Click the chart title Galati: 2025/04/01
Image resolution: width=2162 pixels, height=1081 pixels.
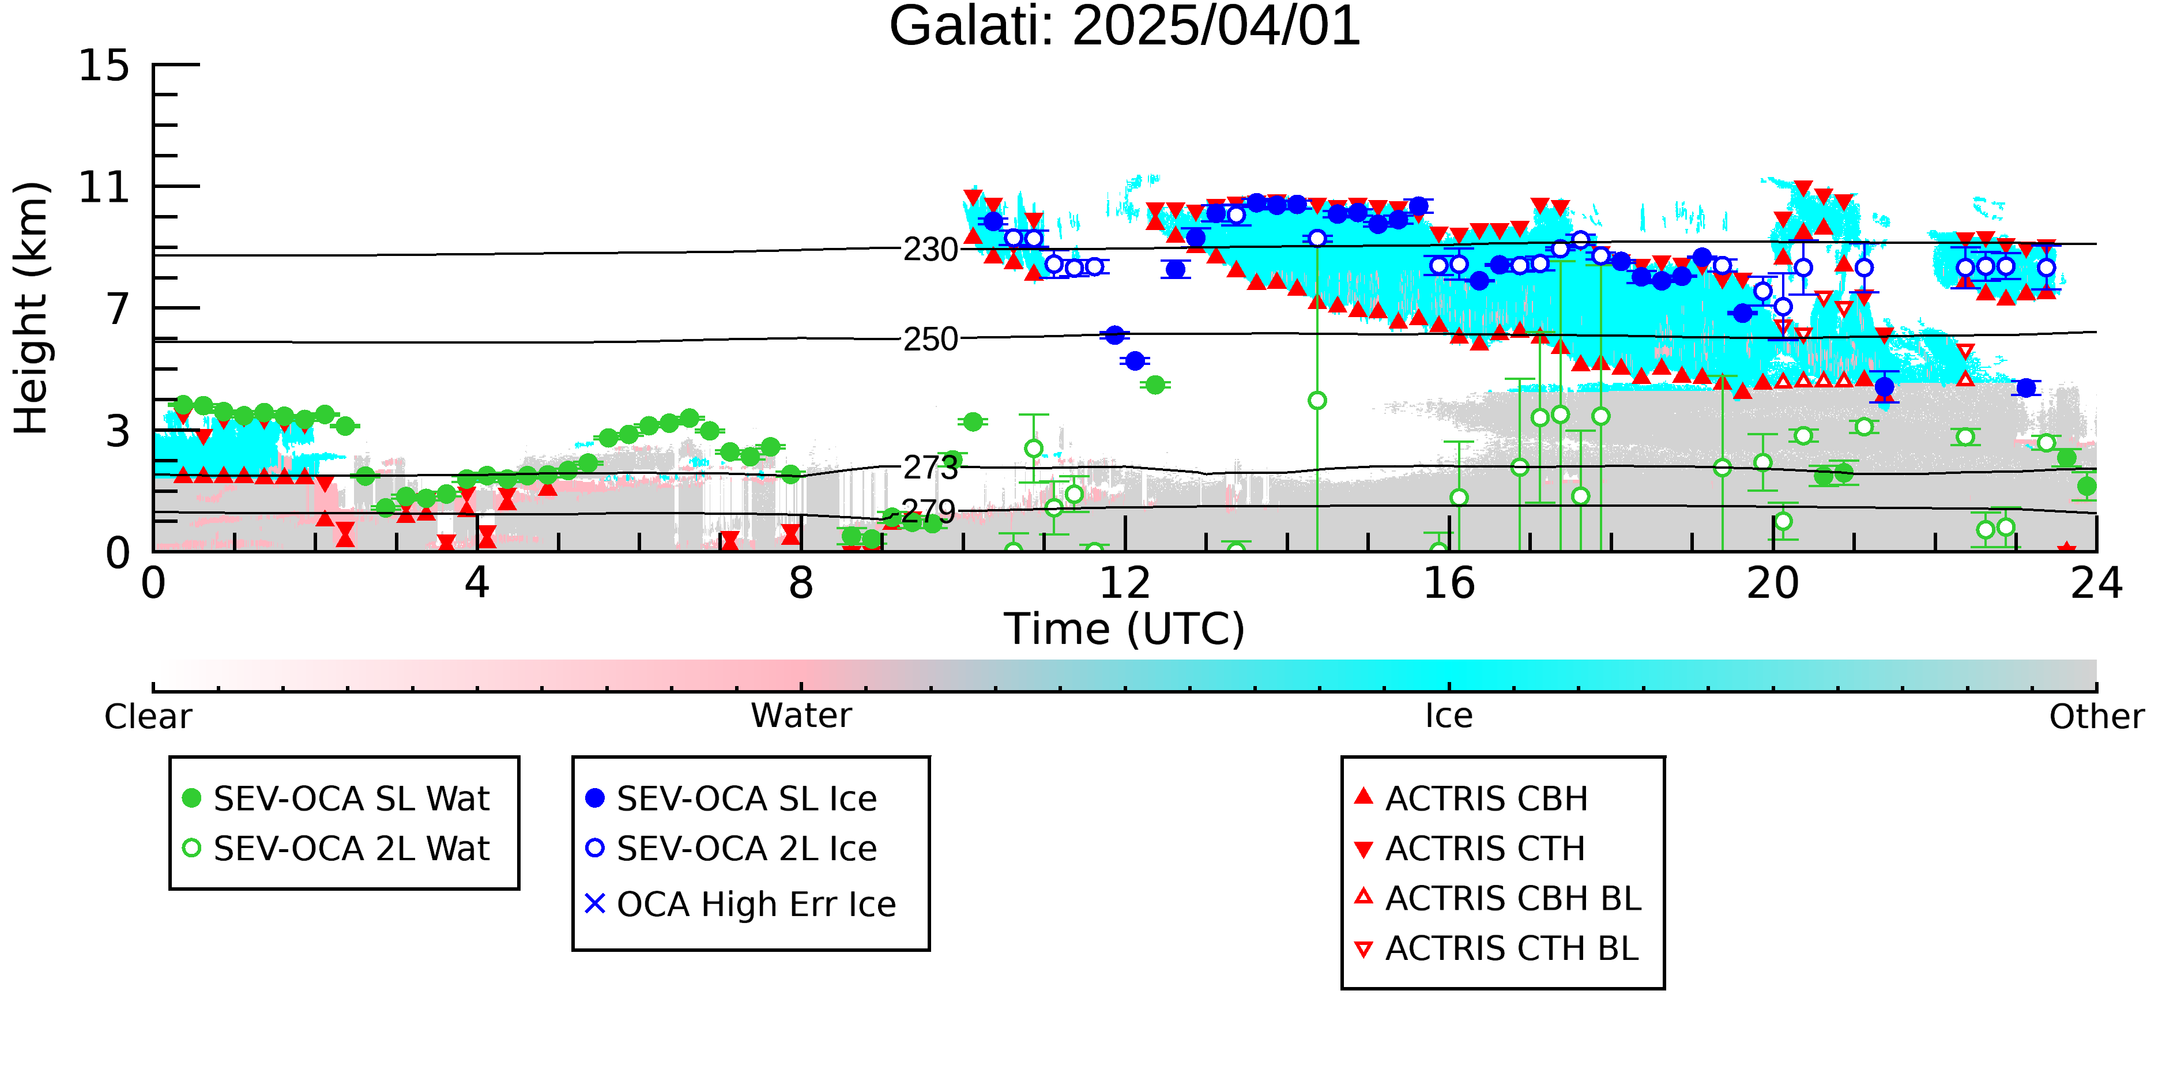click(1125, 27)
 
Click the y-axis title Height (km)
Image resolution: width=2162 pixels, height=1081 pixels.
click(31, 308)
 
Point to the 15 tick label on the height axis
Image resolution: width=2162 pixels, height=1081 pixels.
click(104, 66)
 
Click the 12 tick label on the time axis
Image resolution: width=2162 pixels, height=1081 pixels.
click(1125, 583)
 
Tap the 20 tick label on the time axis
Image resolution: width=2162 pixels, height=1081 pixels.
click(1773, 583)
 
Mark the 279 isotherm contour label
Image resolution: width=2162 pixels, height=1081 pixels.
click(928, 511)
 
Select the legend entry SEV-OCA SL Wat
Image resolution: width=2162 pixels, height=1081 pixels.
click(336, 798)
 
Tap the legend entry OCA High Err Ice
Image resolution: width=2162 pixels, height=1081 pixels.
click(741, 905)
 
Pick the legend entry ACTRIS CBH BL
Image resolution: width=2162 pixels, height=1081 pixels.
click(1498, 899)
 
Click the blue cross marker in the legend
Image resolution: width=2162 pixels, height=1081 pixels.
click(595, 904)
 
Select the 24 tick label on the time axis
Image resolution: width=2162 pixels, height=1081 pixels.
click(2096, 583)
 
